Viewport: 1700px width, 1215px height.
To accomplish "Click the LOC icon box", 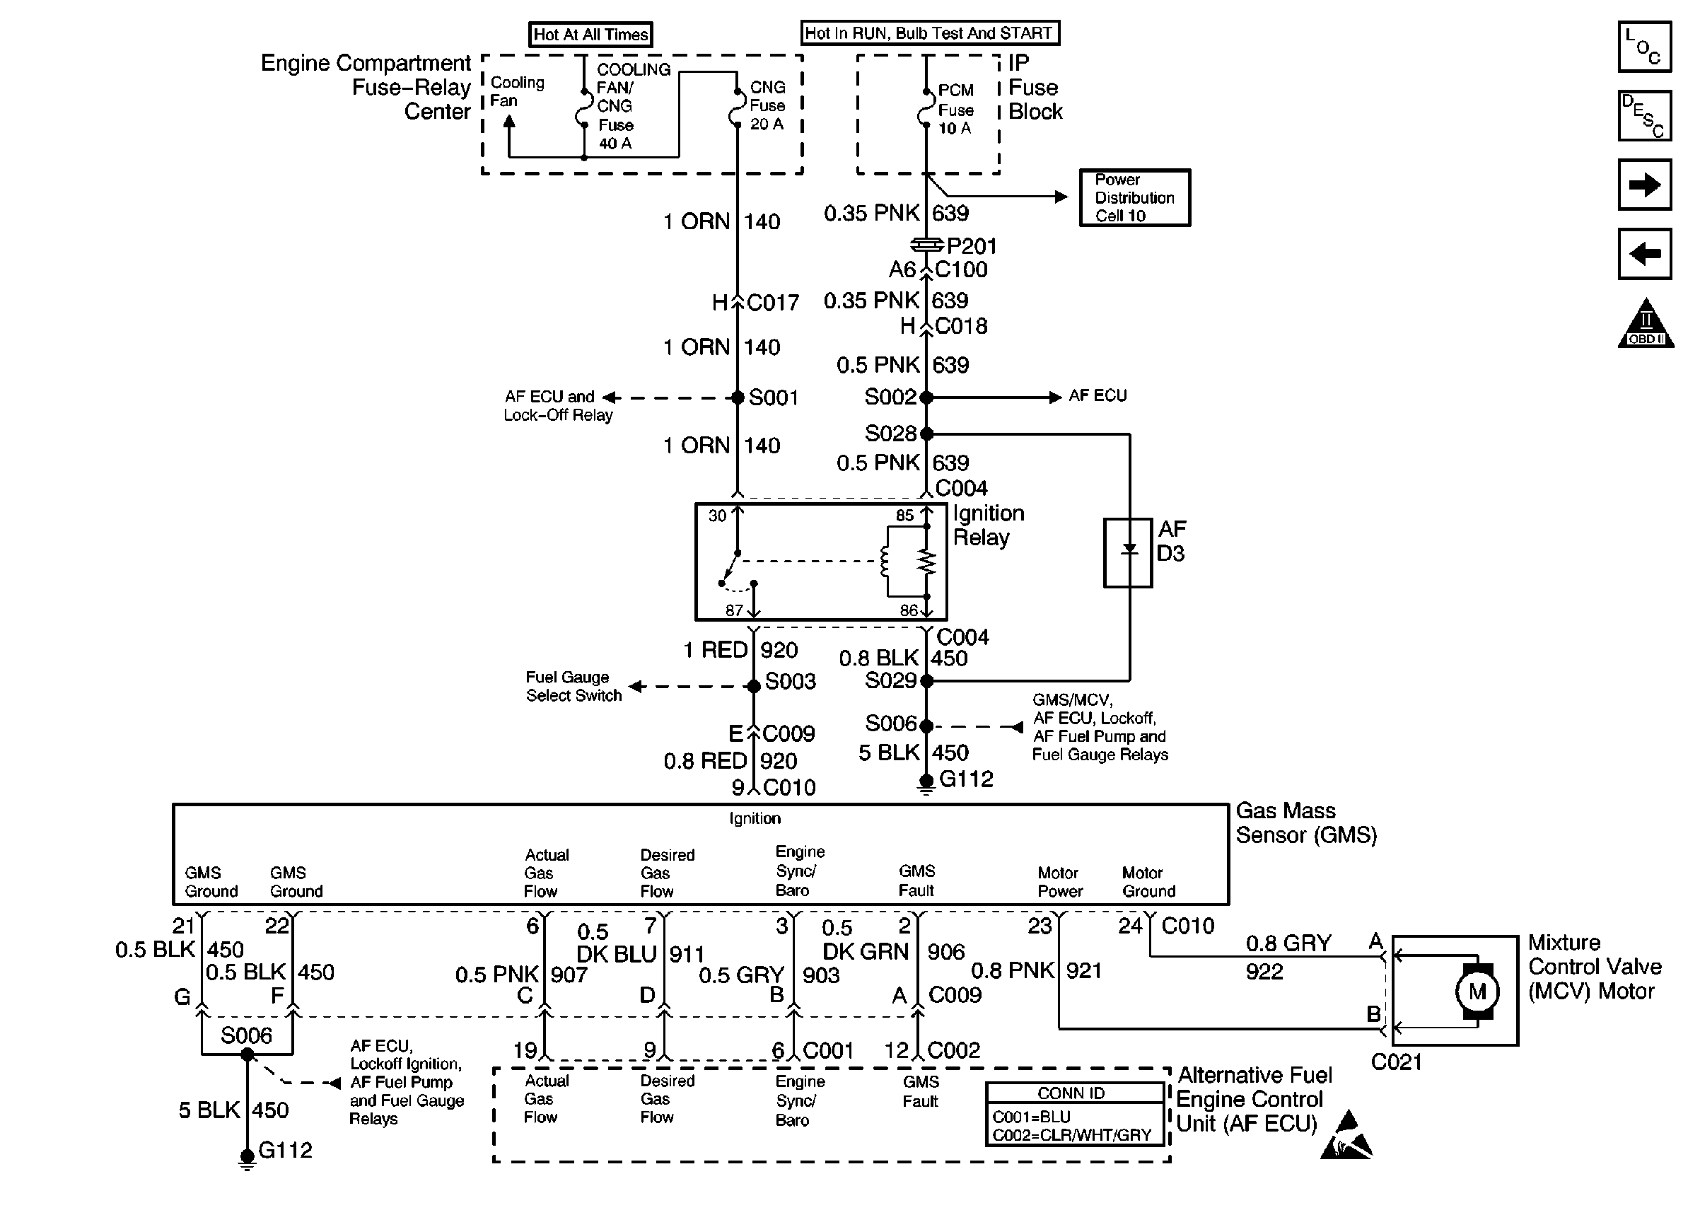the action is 1644,47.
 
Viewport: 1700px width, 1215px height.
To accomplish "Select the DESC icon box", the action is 1644,115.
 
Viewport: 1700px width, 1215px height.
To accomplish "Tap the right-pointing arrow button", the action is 1644,184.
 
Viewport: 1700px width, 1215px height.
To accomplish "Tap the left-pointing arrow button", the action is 1644,254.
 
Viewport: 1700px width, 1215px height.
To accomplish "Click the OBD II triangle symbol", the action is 1646,323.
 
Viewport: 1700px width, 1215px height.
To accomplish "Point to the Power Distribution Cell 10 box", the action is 1134,197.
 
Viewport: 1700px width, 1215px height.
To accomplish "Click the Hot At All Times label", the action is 590,35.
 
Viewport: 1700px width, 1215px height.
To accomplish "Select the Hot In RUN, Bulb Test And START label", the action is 930,33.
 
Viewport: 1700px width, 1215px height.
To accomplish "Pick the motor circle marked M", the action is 1477,992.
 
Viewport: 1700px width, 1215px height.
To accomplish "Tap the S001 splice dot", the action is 737,397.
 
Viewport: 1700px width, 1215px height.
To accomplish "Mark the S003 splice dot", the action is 754,686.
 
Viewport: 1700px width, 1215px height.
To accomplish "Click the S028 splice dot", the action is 926,434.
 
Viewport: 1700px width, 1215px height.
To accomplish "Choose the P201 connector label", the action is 972,246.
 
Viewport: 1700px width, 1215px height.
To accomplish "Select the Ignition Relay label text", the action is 988,525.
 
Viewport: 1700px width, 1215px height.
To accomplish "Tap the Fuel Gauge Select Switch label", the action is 574,686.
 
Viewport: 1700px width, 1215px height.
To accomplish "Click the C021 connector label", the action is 1396,1062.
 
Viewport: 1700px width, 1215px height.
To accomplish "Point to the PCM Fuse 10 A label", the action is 957,109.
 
